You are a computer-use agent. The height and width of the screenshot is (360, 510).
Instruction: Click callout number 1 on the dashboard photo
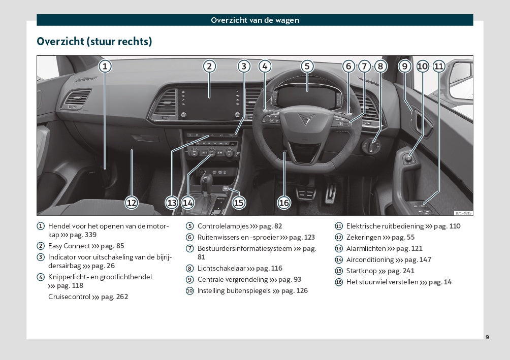pyautogui.click(x=105, y=67)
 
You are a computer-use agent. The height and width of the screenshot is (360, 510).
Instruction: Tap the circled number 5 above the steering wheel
pyautogui.click(x=307, y=67)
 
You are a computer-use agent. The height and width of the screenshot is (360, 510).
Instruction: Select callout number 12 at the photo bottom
pyautogui.click(x=132, y=203)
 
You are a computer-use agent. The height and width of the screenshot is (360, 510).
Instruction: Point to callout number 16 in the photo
pyautogui.click(x=284, y=203)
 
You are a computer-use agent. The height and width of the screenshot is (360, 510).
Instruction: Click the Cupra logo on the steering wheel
pyautogui.click(x=306, y=119)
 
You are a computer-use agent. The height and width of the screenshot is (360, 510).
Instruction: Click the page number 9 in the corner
pyautogui.click(x=487, y=337)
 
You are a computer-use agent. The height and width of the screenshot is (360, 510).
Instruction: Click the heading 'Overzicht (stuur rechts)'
pyautogui.click(x=94, y=42)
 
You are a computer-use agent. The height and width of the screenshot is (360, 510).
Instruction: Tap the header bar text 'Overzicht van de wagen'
pyautogui.click(x=255, y=20)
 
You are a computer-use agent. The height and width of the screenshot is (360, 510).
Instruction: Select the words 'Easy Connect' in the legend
pyautogui.click(x=69, y=246)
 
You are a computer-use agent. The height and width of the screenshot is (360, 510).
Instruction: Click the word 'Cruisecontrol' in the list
pyautogui.click(x=69, y=297)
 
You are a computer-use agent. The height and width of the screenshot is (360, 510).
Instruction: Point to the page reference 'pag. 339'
pyautogui.click(x=83, y=235)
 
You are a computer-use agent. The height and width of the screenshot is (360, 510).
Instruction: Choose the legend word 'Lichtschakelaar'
pyautogui.click(x=221, y=268)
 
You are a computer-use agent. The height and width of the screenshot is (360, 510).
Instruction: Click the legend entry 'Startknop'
pyautogui.click(x=361, y=271)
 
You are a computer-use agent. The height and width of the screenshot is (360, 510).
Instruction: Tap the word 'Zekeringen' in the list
pyautogui.click(x=364, y=238)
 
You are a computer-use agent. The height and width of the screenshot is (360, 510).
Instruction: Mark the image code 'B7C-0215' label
pyautogui.click(x=463, y=213)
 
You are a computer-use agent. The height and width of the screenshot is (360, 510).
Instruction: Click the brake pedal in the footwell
pyautogui.click(x=306, y=193)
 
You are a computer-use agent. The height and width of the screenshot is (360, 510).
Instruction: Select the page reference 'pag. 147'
pyautogui.click(x=418, y=260)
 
